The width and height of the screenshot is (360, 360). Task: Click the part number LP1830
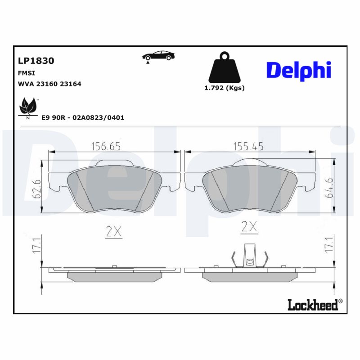click(x=36, y=61)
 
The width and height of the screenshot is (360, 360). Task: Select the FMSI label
click(x=27, y=73)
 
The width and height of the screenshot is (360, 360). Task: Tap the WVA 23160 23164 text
click(x=49, y=84)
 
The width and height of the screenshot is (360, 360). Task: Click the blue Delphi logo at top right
click(x=299, y=71)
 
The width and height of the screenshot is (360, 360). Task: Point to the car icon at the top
click(x=159, y=56)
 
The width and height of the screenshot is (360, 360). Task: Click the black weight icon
click(x=224, y=69)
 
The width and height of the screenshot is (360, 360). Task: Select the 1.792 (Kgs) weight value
click(x=225, y=88)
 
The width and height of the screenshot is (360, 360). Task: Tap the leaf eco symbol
click(x=27, y=107)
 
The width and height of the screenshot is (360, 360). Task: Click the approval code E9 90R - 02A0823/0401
click(x=83, y=117)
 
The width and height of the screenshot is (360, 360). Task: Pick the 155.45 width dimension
click(x=248, y=146)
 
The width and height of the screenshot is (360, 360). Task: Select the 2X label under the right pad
click(x=249, y=227)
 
